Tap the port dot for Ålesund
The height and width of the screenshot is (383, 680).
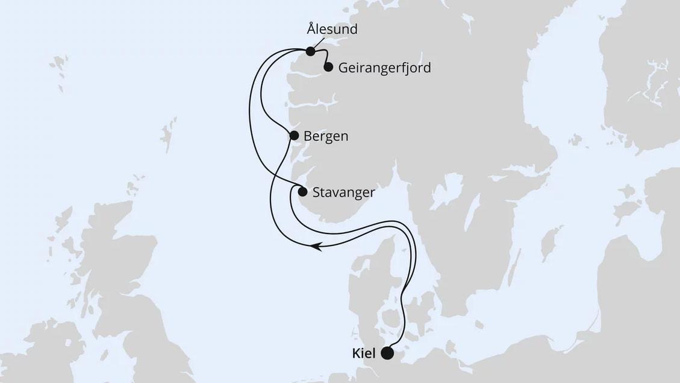pos(310,51)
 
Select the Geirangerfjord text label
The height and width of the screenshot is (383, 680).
pos(385,68)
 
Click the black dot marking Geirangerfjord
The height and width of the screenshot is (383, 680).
pos(328,67)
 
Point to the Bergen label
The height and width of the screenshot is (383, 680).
pos(326,136)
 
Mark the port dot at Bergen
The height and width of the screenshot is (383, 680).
pos(294,136)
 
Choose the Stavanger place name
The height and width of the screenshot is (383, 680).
pos(344,192)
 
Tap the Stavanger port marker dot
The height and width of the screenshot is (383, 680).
pos(302,192)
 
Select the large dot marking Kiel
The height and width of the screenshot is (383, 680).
pos(387,353)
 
